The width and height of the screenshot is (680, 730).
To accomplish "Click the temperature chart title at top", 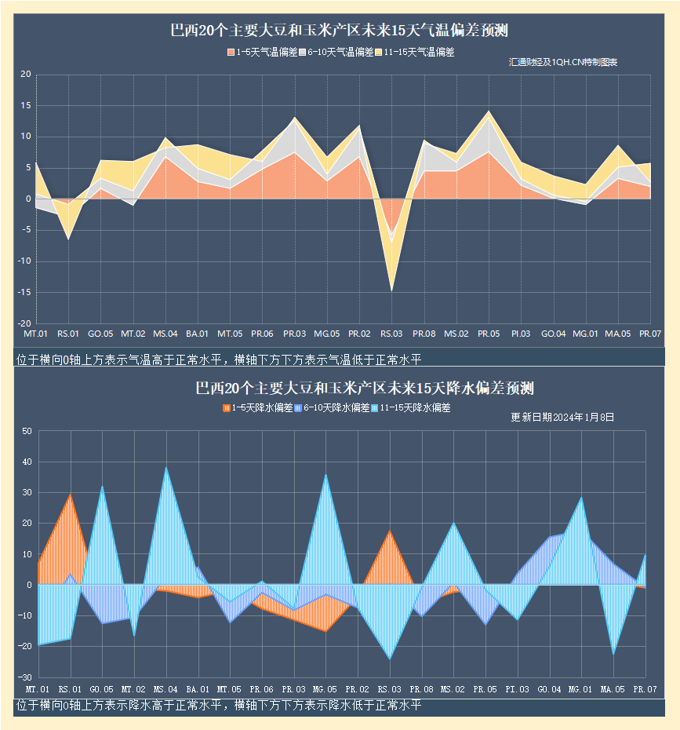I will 340,31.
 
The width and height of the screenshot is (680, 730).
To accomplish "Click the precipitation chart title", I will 365,389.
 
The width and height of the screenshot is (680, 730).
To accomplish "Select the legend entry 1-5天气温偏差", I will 263,53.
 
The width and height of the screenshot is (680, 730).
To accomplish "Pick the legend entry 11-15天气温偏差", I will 415,53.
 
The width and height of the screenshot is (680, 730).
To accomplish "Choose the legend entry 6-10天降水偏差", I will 333,408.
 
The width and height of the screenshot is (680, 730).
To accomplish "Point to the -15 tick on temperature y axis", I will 24,293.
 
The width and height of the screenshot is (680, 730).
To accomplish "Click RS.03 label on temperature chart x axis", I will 391,334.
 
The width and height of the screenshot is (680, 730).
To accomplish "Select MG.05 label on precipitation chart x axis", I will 325,689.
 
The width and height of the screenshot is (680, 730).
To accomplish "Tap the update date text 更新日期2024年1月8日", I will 562,418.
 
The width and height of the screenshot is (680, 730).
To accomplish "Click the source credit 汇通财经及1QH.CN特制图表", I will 563,62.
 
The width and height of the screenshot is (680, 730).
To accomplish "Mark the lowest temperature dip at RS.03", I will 391,290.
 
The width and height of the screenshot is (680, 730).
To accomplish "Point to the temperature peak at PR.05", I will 489,111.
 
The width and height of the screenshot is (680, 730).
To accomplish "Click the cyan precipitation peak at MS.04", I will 165,468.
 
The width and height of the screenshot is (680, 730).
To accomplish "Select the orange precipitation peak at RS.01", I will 71,494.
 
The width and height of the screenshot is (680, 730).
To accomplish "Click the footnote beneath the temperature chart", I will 219,360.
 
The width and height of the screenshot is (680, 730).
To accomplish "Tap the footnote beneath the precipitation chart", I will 219,706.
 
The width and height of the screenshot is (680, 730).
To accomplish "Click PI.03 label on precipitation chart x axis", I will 518,689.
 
